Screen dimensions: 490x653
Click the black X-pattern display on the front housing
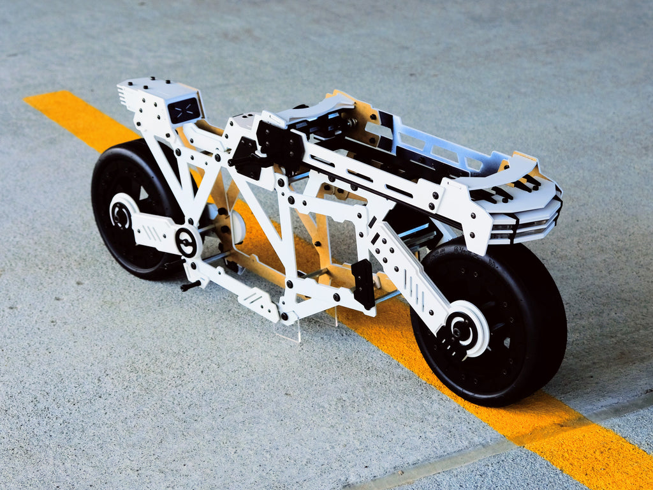(x=184, y=110)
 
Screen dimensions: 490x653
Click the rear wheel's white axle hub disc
(x=466, y=329)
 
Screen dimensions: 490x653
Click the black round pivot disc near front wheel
(x=187, y=242)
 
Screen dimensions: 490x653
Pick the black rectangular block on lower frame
(x=363, y=283)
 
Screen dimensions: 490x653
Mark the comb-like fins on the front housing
(x=123, y=96)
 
